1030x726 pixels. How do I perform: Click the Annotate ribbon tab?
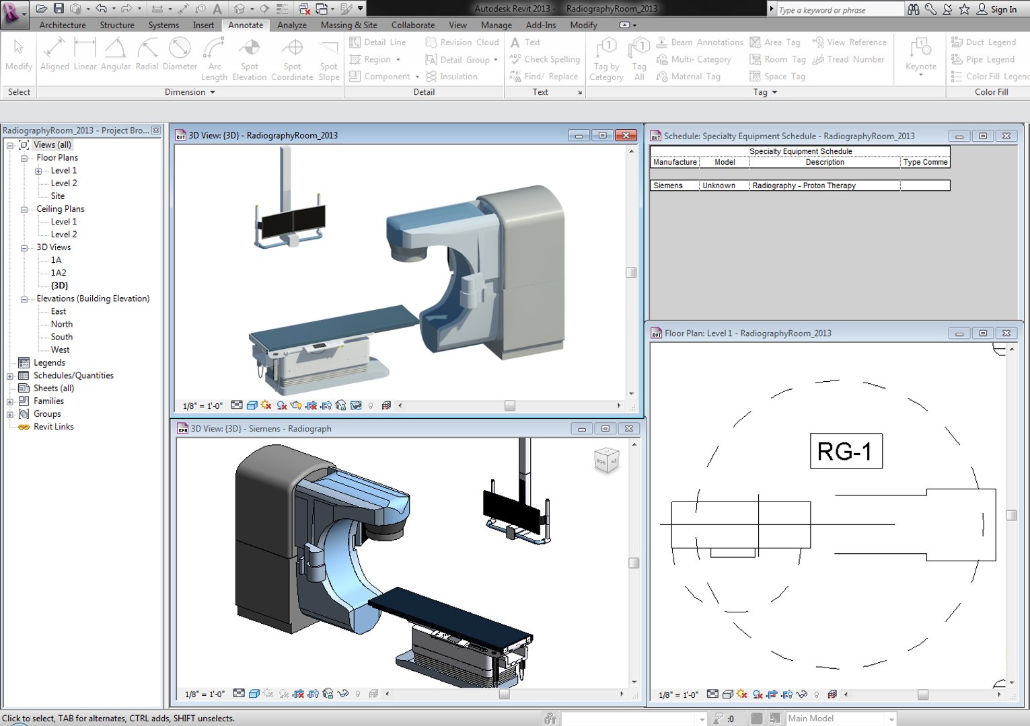246,25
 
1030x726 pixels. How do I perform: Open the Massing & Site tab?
348,25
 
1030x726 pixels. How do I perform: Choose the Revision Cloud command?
462,42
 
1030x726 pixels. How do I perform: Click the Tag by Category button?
606,59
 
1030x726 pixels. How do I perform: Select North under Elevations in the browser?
62,324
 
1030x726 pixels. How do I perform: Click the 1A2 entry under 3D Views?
59,273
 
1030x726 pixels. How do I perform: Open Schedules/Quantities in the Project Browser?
73,375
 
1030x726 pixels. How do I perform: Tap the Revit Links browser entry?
54,427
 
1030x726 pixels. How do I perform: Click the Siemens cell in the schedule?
674,186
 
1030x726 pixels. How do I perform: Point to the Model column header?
725,162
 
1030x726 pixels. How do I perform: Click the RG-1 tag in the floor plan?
845,451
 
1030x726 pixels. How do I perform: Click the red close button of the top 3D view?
626,135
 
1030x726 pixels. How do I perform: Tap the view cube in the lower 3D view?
606,460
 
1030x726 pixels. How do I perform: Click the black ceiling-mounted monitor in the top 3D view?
293,221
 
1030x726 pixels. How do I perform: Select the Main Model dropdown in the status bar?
841,719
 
